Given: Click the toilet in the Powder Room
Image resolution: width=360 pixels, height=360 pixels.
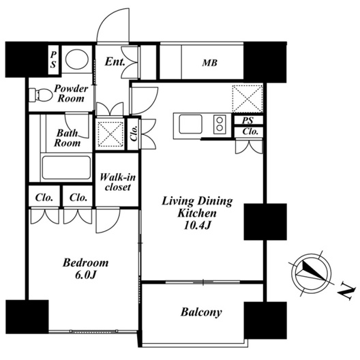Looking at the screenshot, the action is pyautogui.click(x=41, y=95).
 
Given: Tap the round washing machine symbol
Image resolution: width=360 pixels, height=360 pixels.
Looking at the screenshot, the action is pyautogui.click(x=77, y=59).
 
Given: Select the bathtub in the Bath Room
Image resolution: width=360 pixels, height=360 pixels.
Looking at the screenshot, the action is pyautogui.click(x=66, y=168).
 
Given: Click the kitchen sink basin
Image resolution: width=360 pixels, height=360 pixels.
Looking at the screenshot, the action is pyautogui.click(x=190, y=124).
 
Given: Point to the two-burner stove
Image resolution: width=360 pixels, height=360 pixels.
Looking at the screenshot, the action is pyautogui.click(x=220, y=124).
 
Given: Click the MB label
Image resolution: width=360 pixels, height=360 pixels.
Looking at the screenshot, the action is pyautogui.click(x=209, y=63).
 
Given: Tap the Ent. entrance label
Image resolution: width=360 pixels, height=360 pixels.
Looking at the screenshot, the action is pyautogui.click(x=115, y=61).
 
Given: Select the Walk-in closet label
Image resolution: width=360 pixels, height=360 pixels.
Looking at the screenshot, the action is pyautogui.click(x=117, y=182).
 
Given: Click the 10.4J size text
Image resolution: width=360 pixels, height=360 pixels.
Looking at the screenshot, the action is pyautogui.click(x=197, y=226).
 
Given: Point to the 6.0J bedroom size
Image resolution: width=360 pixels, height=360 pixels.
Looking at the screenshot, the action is pyautogui.click(x=85, y=275).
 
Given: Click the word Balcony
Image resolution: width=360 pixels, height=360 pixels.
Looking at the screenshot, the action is pyautogui.click(x=201, y=312).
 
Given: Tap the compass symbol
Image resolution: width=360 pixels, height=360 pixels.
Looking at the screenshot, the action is pyautogui.click(x=311, y=273).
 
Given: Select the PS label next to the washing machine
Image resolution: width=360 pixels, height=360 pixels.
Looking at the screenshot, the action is pyautogui.click(x=53, y=60).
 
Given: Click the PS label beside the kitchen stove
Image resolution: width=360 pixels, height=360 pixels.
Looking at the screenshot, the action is pyautogui.click(x=247, y=120).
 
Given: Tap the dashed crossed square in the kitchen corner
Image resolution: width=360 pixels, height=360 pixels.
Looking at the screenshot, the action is pyautogui.click(x=247, y=99).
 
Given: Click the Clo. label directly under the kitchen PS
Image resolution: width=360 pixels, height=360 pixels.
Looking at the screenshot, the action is pyautogui.click(x=250, y=132).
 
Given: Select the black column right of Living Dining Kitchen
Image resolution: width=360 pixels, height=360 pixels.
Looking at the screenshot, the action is pyautogui.click(x=265, y=222).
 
